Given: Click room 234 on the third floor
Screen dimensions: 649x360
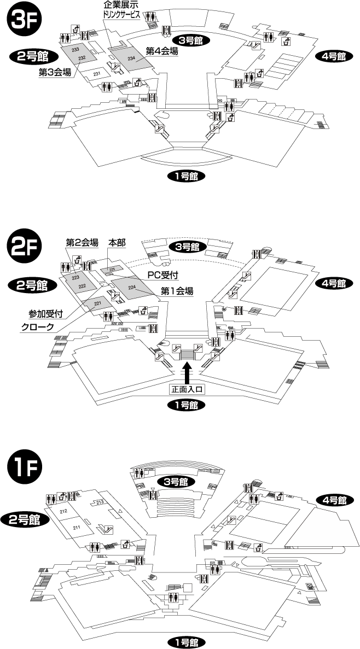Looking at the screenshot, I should click(x=131, y=59).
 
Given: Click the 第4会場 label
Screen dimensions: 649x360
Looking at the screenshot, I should click(x=162, y=50).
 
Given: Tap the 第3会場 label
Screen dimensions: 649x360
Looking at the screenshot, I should click(x=55, y=72).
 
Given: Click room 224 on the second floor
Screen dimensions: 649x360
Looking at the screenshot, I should click(x=131, y=287).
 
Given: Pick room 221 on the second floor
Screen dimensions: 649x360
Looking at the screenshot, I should click(x=98, y=304).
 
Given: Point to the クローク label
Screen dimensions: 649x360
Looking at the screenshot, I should click(x=37, y=327).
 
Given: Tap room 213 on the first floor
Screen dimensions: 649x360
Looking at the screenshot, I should click(x=100, y=502).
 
